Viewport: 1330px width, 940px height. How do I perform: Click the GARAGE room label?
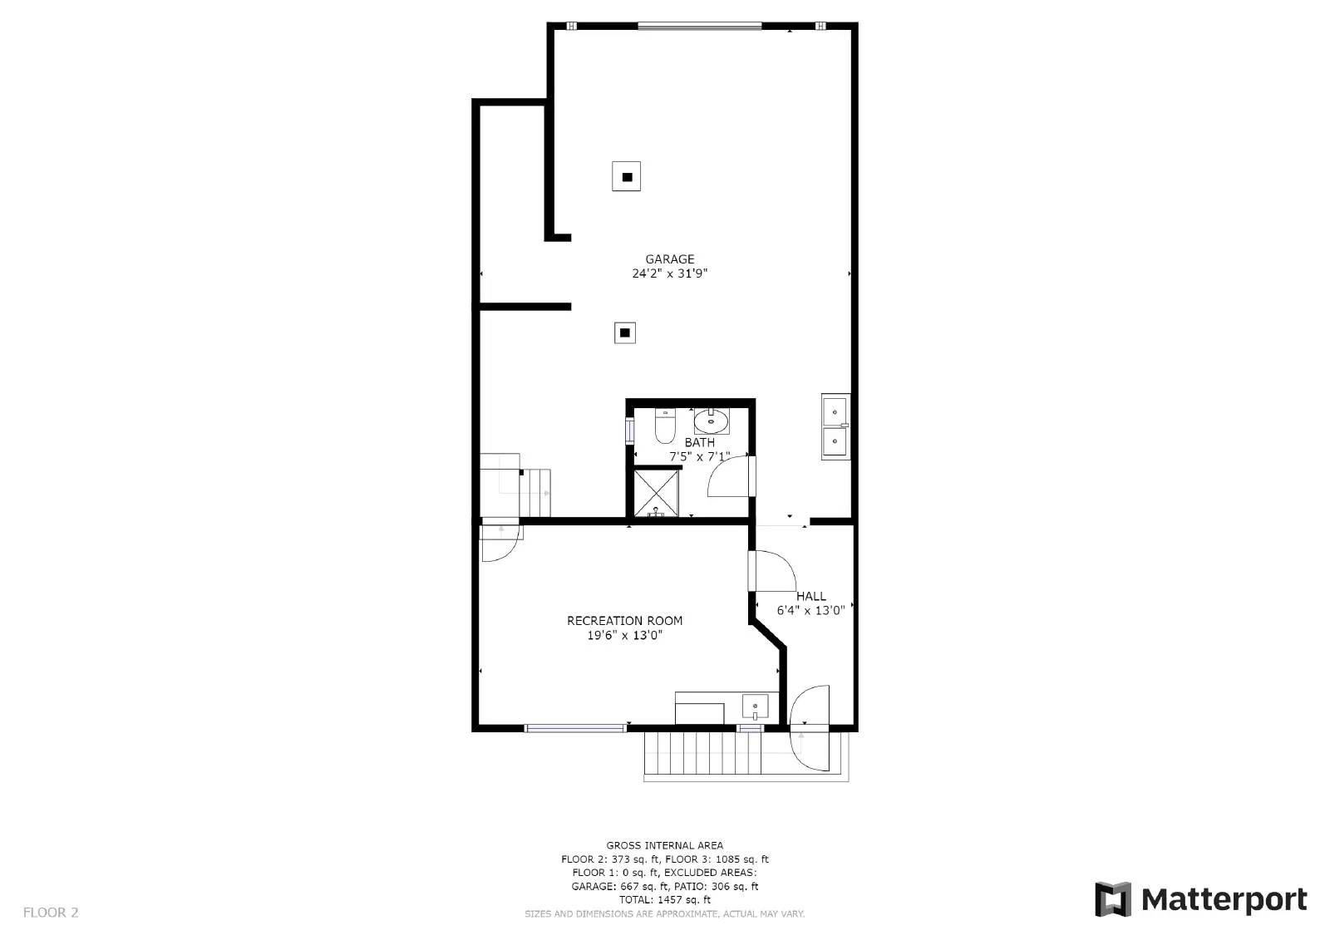point(669,259)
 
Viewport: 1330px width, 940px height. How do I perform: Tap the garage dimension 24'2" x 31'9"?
point(669,273)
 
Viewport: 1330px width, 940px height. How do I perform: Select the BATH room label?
point(699,442)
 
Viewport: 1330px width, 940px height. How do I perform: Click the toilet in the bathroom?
point(665,426)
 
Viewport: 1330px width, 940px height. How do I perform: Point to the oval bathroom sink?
point(711,421)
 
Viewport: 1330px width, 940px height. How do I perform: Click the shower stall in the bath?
point(657,492)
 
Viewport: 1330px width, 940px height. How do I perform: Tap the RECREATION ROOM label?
point(624,621)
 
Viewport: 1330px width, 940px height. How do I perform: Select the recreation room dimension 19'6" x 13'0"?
point(624,636)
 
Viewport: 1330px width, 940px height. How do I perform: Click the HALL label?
point(810,596)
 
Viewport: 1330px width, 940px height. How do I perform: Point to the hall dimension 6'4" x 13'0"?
point(810,610)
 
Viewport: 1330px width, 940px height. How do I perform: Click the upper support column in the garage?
point(627,176)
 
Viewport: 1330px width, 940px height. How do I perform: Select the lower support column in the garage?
point(625,332)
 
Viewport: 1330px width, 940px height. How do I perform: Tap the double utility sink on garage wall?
point(835,426)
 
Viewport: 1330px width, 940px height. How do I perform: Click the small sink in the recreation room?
point(755,707)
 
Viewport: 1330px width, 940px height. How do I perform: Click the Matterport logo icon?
point(1113,899)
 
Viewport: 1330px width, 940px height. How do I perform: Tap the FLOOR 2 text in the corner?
point(51,913)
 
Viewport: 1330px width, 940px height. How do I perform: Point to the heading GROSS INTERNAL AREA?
point(664,846)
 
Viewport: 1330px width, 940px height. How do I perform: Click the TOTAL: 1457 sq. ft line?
point(664,900)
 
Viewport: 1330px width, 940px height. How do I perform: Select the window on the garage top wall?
point(699,26)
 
